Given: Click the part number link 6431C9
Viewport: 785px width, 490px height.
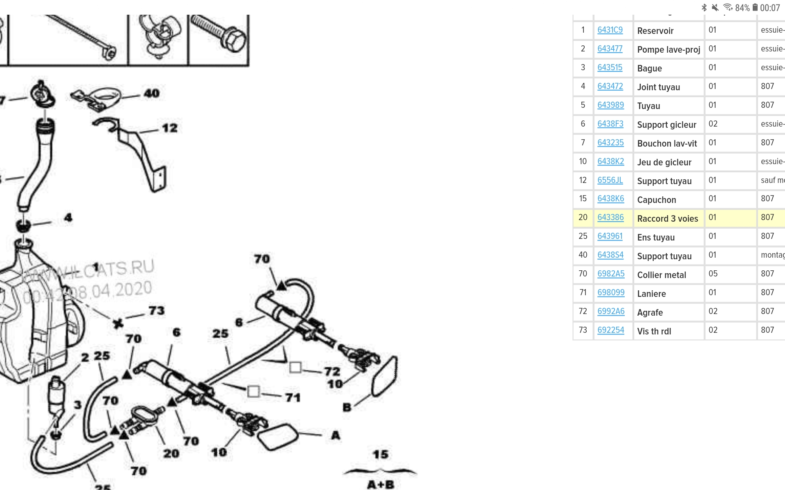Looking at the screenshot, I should pyautogui.click(x=610, y=30).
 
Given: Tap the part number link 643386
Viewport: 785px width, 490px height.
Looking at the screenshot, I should pyautogui.click(x=610, y=218).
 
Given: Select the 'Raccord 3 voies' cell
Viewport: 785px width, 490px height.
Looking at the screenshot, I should pyautogui.click(x=668, y=219).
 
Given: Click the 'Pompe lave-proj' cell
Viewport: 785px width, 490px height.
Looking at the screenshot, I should pyautogui.click(x=668, y=50).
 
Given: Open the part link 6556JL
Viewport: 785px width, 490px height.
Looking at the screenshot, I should pyautogui.click(x=610, y=180).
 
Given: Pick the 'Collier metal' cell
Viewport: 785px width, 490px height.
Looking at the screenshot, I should pyautogui.click(x=662, y=275).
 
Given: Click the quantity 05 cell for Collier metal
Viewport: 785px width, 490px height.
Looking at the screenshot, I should pyautogui.click(x=713, y=274).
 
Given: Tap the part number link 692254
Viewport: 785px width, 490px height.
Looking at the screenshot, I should pyautogui.click(x=611, y=330).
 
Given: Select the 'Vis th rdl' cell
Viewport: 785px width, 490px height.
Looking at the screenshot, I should pyautogui.click(x=654, y=332).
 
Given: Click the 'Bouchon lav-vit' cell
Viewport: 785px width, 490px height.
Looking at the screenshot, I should pyautogui.click(x=667, y=144).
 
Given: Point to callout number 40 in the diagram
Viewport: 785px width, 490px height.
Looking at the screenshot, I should pyautogui.click(x=151, y=94).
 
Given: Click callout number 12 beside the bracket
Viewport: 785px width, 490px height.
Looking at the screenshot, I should pyautogui.click(x=170, y=128).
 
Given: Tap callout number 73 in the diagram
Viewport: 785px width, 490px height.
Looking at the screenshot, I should pyautogui.click(x=156, y=311).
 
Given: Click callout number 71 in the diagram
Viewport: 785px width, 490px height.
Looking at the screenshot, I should pyautogui.click(x=293, y=397).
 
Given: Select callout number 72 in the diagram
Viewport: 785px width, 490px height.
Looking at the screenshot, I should pyautogui.click(x=332, y=371).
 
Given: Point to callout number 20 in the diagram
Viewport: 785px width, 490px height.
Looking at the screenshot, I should pyautogui.click(x=171, y=453).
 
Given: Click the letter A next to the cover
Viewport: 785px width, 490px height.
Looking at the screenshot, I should pyautogui.click(x=336, y=435).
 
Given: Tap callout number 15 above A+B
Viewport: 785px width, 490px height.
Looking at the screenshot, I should pyautogui.click(x=380, y=454).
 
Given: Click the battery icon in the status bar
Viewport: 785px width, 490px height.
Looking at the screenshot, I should pyautogui.click(x=755, y=7).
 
